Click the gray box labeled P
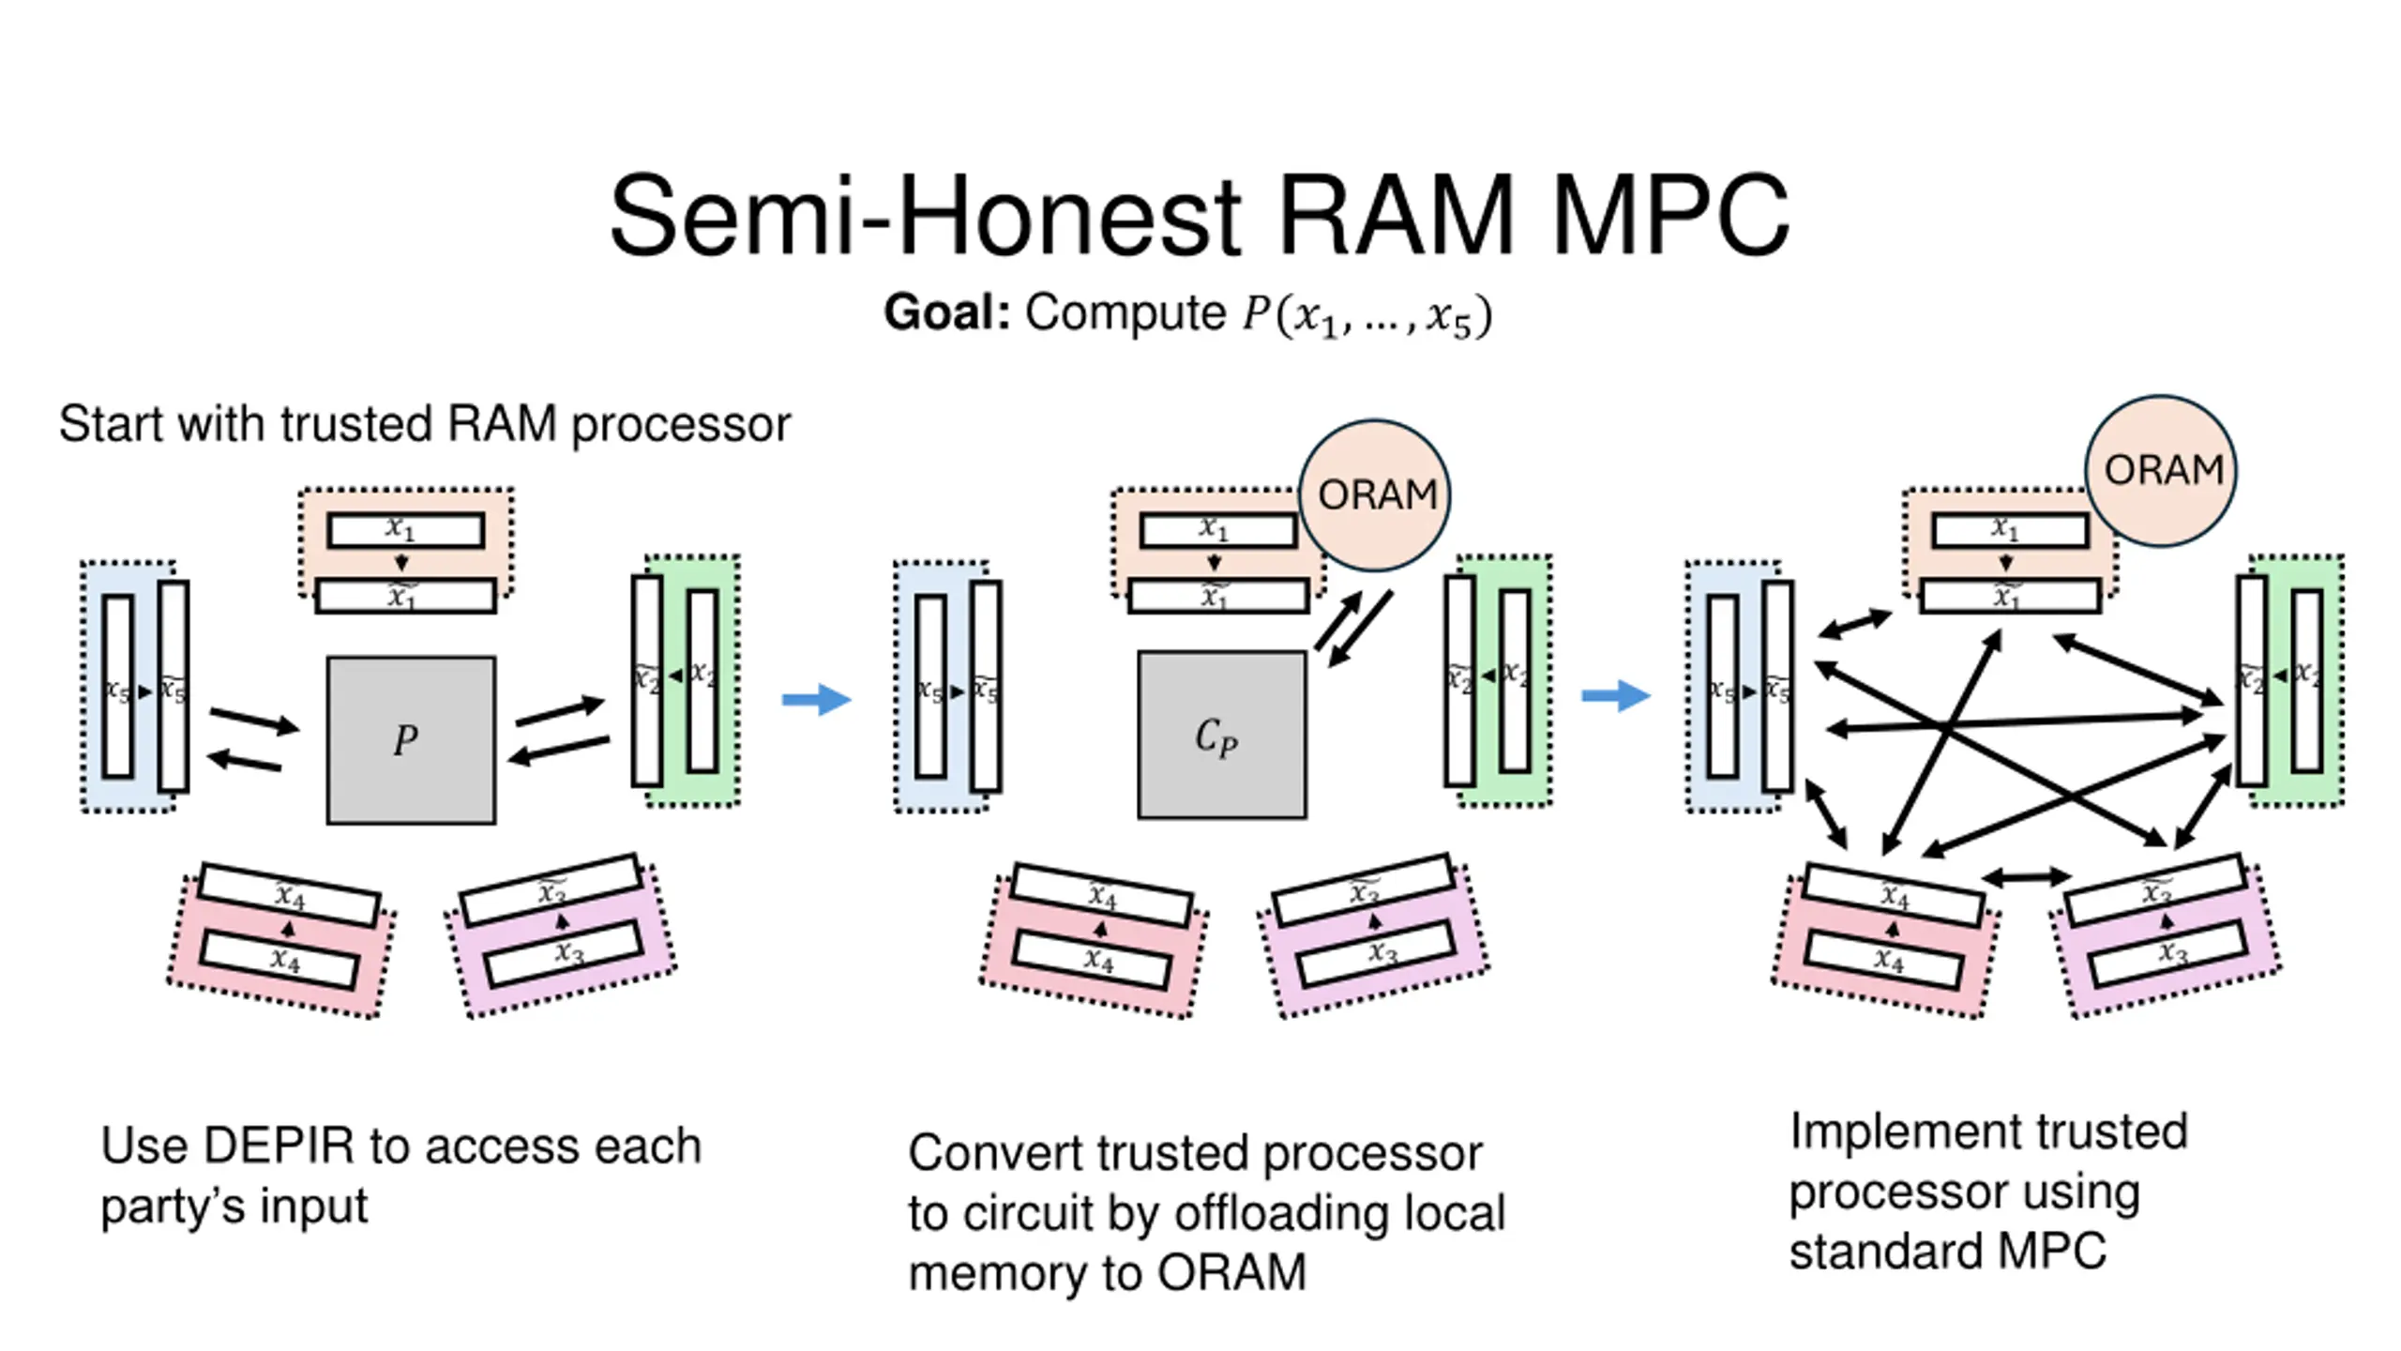coord(411,740)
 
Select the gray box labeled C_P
coord(1221,736)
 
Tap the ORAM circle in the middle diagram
coord(1375,494)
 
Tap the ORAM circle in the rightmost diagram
coord(2161,470)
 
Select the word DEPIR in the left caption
coord(279,1146)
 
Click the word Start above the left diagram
coord(113,424)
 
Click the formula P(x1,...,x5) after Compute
coord(1366,314)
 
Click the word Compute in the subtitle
coord(1125,312)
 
